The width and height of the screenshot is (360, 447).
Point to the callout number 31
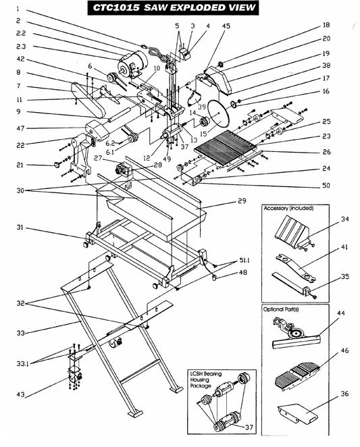pos(20,227)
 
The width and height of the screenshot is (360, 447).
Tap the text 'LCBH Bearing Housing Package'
pos(209,377)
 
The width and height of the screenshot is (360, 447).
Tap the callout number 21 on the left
pos(20,165)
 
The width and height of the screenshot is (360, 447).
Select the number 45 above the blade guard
pos(226,26)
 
